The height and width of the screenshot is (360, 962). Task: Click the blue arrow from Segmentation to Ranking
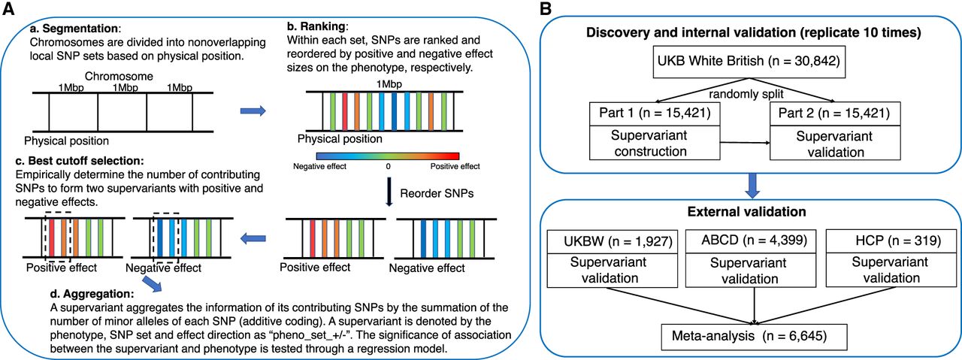(251, 110)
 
